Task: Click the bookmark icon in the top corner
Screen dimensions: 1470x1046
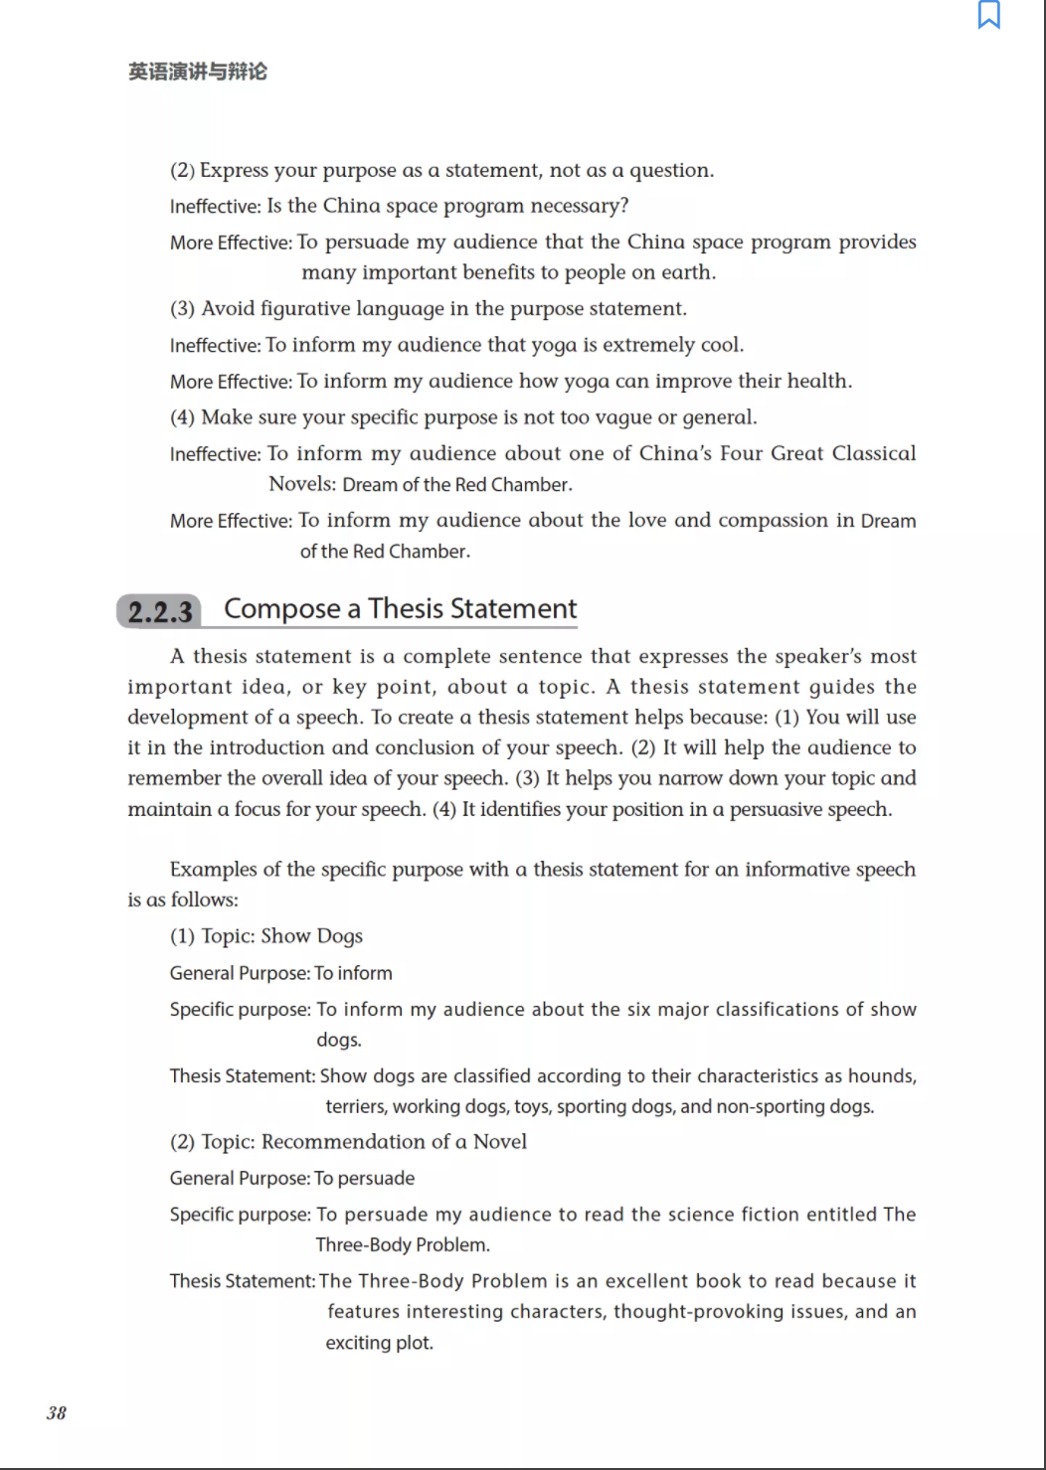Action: pyautogui.click(x=988, y=15)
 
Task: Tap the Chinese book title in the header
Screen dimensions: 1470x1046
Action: pyautogui.click(x=198, y=72)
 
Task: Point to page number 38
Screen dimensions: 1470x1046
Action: pyautogui.click(x=57, y=1412)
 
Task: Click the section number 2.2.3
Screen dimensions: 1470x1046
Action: pyautogui.click(x=160, y=611)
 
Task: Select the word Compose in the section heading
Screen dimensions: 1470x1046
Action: pyautogui.click(x=282, y=608)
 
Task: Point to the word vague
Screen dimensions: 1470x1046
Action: pyautogui.click(x=623, y=417)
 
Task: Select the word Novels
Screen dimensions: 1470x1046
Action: pyautogui.click(x=302, y=484)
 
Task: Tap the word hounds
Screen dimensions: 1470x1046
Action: pyautogui.click(x=881, y=1075)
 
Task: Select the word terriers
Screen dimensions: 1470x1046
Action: pyautogui.click(x=355, y=1106)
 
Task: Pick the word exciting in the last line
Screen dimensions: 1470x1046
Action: pyautogui.click(x=355, y=1343)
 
